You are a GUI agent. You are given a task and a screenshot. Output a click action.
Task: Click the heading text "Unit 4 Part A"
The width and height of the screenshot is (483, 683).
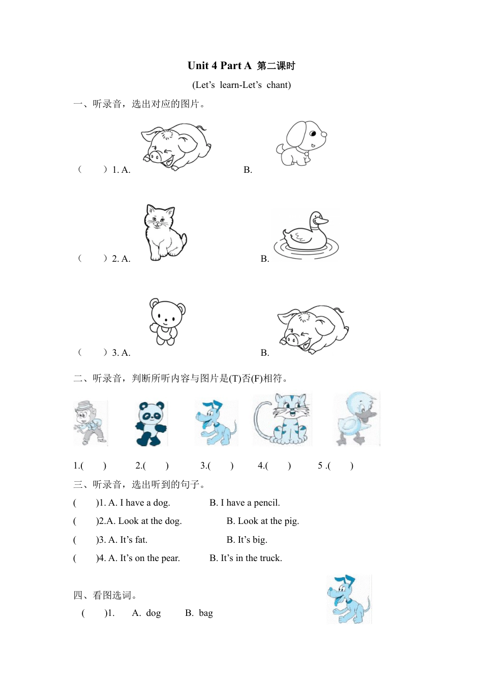tap(219, 66)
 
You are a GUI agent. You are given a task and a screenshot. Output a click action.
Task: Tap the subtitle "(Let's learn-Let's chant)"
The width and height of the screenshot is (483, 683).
tap(242, 85)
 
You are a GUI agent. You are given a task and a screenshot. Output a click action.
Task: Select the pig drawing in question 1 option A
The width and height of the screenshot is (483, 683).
tap(176, 146)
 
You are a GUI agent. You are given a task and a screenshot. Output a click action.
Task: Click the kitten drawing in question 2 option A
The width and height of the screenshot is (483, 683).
tap(164, 232)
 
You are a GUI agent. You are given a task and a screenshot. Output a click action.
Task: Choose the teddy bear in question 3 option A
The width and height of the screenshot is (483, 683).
tap(166, 322)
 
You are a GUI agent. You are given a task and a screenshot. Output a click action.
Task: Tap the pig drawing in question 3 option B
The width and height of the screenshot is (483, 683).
tap(313, 329)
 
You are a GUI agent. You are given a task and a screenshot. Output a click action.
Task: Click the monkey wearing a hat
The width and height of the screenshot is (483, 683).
tap(90, 423)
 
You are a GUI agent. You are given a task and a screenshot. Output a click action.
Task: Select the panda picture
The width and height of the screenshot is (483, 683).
tap(151, 423)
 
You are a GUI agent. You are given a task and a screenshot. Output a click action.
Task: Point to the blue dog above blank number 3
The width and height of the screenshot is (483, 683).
tap(216, 423)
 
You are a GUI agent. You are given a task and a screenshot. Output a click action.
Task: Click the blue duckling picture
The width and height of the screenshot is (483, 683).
tap(357, 418)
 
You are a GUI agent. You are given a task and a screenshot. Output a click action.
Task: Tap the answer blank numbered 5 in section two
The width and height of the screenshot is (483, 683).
tap(340, 465)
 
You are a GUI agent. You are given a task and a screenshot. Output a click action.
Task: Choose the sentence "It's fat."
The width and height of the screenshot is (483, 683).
tap(133, 540)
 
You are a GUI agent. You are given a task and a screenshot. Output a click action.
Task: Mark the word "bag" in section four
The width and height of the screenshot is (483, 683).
tap(205, 613)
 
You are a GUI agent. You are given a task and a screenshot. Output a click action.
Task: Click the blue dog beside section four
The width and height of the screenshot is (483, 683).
tap(349, 600)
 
